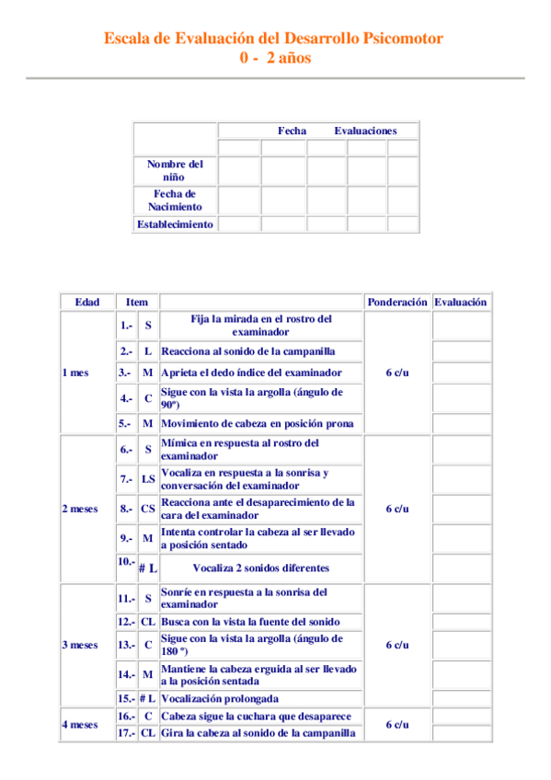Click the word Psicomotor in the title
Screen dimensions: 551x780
coord(402,39)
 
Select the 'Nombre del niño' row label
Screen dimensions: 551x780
coord(175,169)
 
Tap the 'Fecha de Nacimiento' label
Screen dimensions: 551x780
coord(175,200)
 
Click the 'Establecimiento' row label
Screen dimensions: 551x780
coord(175,224)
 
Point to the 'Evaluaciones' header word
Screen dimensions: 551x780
coord(365,131)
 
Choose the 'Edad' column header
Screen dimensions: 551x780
coord(87,302)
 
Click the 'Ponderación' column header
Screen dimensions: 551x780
coord(396,302)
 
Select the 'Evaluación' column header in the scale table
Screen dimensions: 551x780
coord(461,302)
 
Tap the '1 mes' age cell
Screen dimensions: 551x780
coord(75,373)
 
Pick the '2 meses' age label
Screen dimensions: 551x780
coord(79,509)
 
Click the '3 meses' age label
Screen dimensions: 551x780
coord(79,645)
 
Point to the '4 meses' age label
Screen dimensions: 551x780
coord(79,724)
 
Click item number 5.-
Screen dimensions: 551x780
coord(125,424)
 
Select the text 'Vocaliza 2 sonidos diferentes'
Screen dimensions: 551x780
coord(260,568)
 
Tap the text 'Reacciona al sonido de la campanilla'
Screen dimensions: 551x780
coord(247,351)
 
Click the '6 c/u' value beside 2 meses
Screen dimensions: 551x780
coord(396,509)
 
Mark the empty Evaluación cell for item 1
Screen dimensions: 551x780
coord(462,326)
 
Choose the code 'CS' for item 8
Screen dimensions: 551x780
coord(147,509)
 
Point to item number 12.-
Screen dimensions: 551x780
coord(126,622)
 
